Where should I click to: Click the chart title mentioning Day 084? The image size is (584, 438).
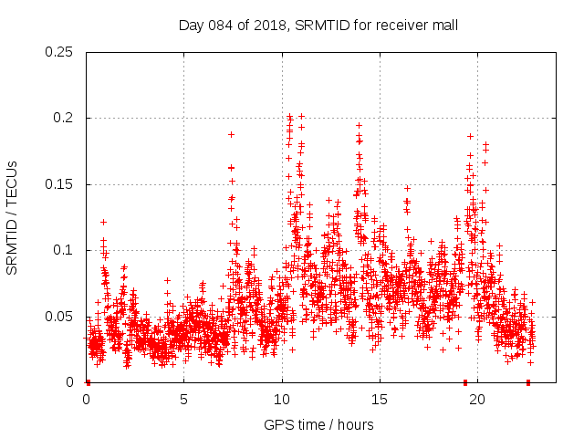pos(318,26)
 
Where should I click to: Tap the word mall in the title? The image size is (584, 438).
pos(444,26)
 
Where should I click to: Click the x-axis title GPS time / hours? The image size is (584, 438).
pos(318,424)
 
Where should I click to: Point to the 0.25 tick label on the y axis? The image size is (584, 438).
pos(61,52)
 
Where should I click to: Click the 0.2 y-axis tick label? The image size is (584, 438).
pos(65,119)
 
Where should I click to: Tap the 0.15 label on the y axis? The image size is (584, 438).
pos(61,184)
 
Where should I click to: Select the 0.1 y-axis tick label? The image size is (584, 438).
pos(65,250)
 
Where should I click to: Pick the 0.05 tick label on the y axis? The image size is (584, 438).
pos(61,317)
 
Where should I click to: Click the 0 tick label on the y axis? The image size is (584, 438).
pos(72,382)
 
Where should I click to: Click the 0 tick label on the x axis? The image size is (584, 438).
pos(87,399)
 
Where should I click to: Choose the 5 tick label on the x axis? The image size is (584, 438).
pos(184,399)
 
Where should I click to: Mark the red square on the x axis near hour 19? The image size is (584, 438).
pos(465,382)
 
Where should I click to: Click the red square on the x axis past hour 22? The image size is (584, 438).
pos(528,382)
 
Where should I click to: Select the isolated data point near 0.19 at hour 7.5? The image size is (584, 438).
pos(231,134)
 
